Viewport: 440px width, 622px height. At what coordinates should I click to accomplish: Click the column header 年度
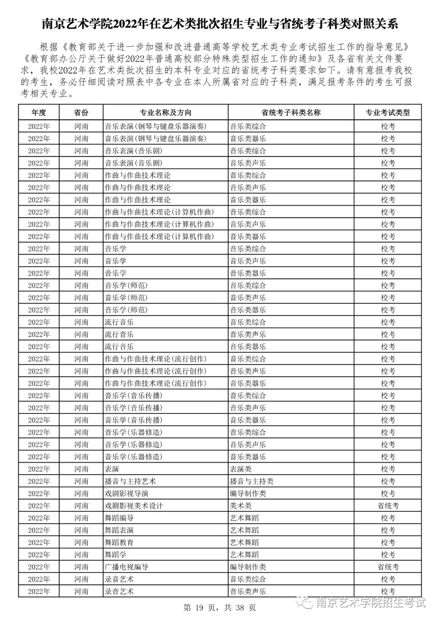coord(39,113)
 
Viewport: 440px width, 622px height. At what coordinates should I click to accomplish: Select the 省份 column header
coord(81,113)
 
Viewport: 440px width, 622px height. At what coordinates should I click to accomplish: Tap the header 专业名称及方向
coord(165,113)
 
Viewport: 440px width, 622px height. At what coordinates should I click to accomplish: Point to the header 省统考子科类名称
coord(291,113)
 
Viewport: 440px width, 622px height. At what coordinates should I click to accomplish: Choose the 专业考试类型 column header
coord(387,113)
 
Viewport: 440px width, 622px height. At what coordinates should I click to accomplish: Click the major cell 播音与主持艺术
coord(130,481)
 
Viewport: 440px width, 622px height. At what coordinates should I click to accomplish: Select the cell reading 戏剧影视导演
coord(127,493)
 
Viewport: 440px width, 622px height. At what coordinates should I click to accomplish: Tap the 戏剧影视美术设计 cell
coord(134,506)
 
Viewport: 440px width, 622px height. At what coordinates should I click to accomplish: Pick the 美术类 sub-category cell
coord(241,506)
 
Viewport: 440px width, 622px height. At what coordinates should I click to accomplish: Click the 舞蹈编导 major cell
coord(119,518)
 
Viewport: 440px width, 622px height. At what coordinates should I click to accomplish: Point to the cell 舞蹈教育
coord(119,542)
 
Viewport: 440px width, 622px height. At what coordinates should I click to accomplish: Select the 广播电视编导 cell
coord(127,567)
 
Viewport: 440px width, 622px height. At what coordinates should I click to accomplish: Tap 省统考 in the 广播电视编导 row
coord(388,567)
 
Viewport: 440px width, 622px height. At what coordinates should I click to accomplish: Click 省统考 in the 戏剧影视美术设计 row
coord(388,506)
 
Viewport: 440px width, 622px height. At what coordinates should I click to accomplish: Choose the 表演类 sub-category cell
coord(241,469)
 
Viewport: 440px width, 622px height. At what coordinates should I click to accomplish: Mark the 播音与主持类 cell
coord(252,481)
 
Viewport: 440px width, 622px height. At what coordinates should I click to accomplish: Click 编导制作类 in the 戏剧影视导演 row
coord(248,493)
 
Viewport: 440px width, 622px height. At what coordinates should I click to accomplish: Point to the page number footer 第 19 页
coord(199,608)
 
